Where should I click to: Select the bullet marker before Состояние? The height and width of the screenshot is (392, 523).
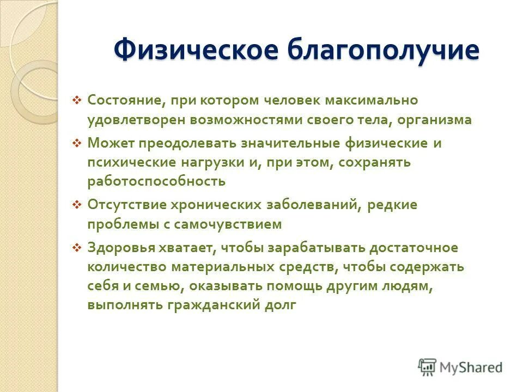click(x=77, y=100)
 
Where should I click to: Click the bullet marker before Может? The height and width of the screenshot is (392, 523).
click(x=77, y=143)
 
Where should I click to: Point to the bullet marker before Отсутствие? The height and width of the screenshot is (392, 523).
click(x=77, y=205)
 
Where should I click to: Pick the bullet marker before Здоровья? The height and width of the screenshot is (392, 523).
click(x=77, y=248)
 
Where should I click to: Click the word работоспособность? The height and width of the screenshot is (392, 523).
click(x=156, y=181)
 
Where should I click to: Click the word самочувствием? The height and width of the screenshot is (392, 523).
click(x=236, y=224)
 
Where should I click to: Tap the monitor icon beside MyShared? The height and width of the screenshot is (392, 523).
click(x=427, y=367)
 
